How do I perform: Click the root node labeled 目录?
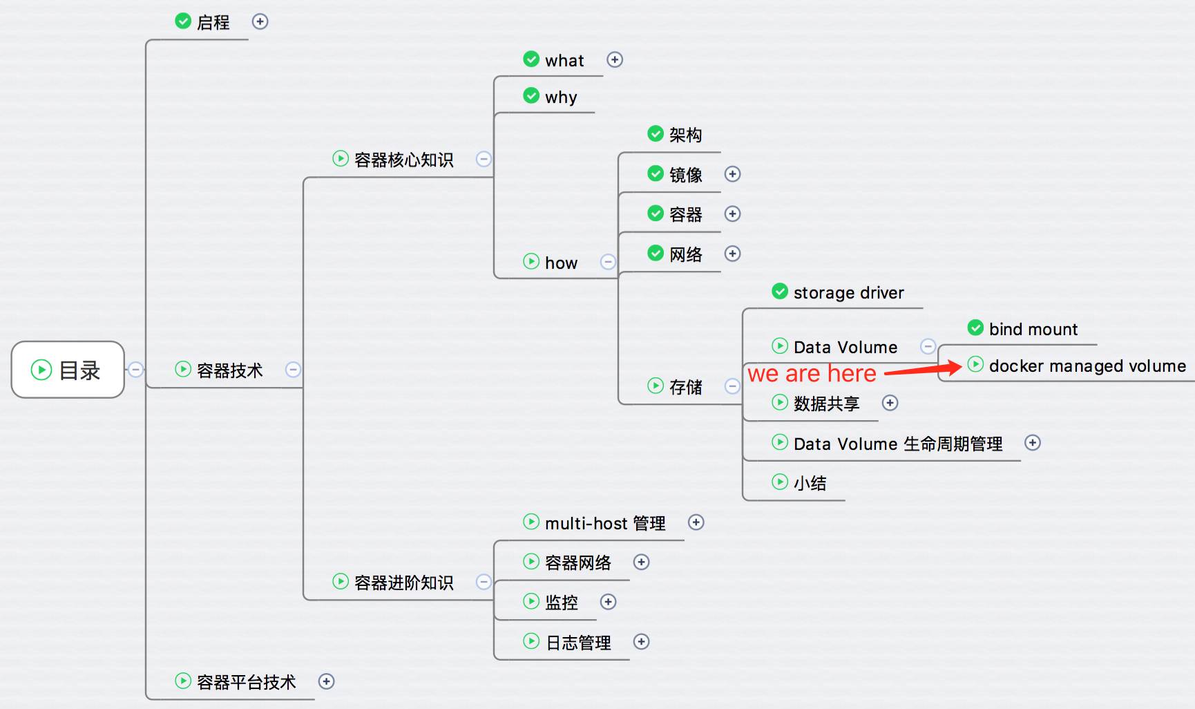[x=68, y=370]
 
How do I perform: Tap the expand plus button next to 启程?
[x=260, y=21]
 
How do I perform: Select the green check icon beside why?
[x=531, y=95]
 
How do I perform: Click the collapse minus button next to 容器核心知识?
[x=484, y=159]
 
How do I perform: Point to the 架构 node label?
[x=685, y=135]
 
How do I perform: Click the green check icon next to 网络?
[x=656, y=254]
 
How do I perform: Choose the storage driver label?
[x=848, y=293]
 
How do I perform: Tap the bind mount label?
[x=1033, y=330]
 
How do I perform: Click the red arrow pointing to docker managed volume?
[x=924, y=369]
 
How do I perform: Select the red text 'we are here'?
[x=812, y=374]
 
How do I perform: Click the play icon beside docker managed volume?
[x=975, y=364]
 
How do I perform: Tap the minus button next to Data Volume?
[x=928, y=346]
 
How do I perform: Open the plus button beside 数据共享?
[x=890, y=403]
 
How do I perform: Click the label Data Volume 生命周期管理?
[x=898, y=444]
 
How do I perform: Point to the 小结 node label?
[x=810, y=483]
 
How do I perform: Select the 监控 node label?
[x=561, y=603]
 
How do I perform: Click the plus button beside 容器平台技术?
[x=326, y=681]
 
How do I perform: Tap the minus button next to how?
[x=608, y=262]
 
